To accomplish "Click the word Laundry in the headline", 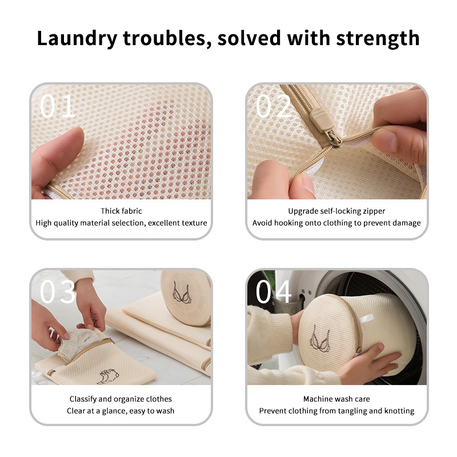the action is pyautogui.click(x=77, y=38).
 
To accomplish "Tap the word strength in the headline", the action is pyautogui.click(x=378, y=38).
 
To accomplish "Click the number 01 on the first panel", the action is pyautogui.click(x=58, y=106).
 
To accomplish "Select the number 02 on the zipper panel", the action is pyautogui.click(x=274, y=106).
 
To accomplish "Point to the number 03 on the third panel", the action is pyautogui.click(x=58, y=291).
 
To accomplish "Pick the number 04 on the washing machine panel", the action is pyautogui.click(x=274, y=291).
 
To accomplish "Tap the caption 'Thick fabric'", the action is pyautogui.click(x=121, y=211).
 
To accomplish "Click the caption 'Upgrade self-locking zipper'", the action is pyautogui.click(x=336, y=211).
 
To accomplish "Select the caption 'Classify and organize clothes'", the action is pyautogui.click(x=121, y=399).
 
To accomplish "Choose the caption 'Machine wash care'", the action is pyautogui.click(x=336, y=399).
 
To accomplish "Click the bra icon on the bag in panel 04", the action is pyautogui.click(x=320, y=339).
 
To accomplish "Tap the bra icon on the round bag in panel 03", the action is pyautogui.click(x=182, y=292).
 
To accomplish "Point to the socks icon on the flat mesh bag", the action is pyautogui.click(x=108, y=376).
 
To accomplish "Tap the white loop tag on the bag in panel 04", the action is pyautogui.click(x=366, y=319).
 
